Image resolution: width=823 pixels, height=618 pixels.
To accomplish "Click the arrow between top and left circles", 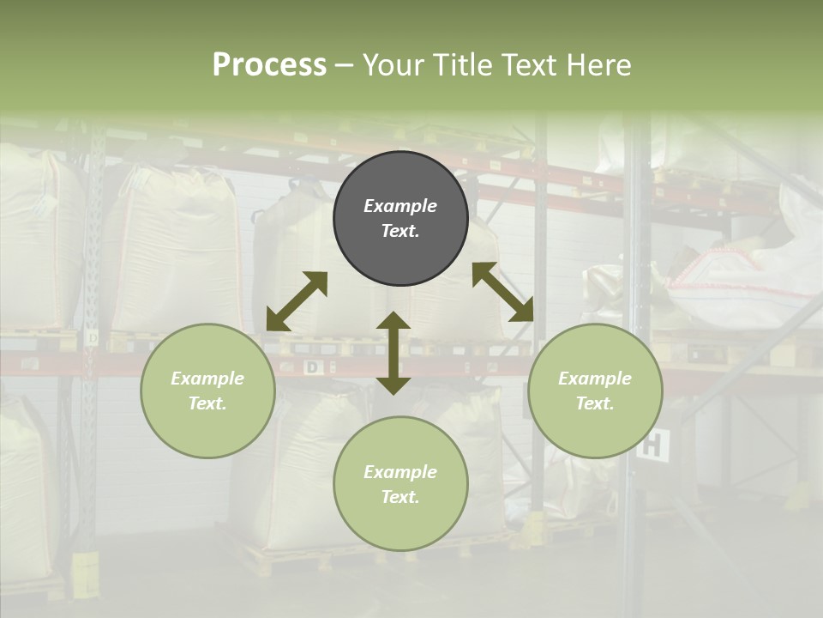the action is [x=297, y=301].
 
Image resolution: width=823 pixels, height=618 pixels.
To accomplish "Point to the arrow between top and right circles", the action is [x=502, y=292].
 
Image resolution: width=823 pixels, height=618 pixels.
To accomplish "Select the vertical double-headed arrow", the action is [x=393, y=353].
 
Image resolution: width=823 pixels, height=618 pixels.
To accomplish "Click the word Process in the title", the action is [x=269, y=65].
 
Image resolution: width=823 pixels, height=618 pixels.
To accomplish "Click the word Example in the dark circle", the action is [x=400, y=206].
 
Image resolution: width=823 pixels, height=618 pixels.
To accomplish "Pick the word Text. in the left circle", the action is [x=207, y=403].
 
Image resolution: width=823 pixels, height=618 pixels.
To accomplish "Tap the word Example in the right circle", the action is [x=595, y=379].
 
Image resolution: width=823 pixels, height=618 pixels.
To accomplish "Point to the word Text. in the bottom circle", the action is [x=400, y=497].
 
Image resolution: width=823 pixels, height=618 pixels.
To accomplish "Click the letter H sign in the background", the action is [x=652, y=445].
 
